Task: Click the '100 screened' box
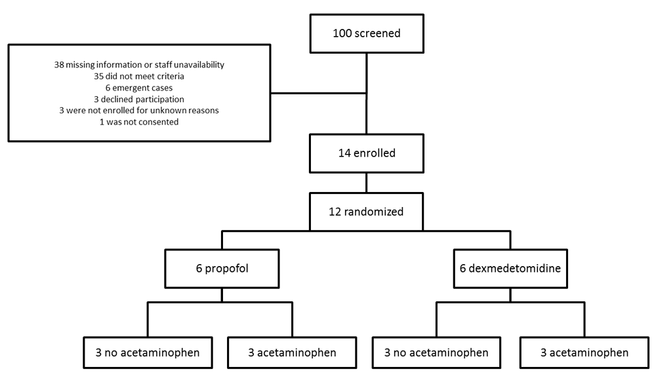367,33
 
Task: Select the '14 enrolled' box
367,153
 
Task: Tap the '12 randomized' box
366,212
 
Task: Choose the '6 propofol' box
222,269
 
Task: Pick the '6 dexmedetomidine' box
510,269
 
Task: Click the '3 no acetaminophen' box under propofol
148,352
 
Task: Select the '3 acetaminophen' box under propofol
292,352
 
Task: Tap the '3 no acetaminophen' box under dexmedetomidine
436,352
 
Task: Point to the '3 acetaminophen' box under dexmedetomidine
584,352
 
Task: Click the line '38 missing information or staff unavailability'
139,65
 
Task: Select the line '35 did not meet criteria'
139,76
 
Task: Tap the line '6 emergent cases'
139,88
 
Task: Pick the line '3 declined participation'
139,99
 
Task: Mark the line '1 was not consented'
139,122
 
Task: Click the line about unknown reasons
139,110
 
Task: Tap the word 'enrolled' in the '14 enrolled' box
375,153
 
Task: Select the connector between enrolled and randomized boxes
367,183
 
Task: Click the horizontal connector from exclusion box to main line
318,93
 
